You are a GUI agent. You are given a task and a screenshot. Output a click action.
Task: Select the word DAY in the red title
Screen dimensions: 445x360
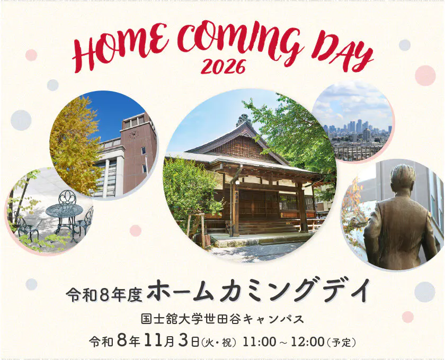343,53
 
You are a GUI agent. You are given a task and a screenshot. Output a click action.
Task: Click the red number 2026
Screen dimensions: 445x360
224,67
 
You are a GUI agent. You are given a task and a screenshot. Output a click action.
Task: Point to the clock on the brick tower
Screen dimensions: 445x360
133,134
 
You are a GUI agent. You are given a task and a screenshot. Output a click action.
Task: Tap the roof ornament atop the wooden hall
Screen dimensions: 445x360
244,120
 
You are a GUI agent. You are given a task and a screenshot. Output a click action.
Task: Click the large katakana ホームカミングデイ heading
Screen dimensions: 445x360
259,292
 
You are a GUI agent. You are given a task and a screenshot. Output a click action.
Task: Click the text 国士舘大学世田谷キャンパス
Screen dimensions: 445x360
222,319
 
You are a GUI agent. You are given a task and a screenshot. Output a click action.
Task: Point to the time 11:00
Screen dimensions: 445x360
259,342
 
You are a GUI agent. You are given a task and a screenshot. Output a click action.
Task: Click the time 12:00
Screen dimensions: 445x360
307,342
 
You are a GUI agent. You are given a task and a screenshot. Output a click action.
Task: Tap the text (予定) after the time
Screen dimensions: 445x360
341,343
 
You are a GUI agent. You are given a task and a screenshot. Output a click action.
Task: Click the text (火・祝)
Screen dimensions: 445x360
218,343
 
